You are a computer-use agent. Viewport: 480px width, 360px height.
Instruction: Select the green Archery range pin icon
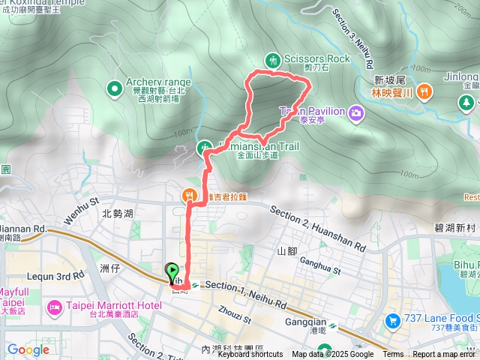coord(115,89)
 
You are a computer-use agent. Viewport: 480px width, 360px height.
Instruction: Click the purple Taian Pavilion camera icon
coord(355,112)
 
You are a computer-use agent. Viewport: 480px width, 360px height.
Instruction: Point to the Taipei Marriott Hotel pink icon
coord(55,307)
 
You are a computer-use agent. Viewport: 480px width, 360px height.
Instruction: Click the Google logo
coord(28,349)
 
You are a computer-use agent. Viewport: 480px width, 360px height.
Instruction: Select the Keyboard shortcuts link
coord(250,355)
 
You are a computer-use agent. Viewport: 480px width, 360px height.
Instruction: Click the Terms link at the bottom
coord(393,355)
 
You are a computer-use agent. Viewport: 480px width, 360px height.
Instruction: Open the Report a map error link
coord(444,355)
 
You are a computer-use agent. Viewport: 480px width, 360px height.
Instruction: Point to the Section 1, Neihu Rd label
coord(244,286)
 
